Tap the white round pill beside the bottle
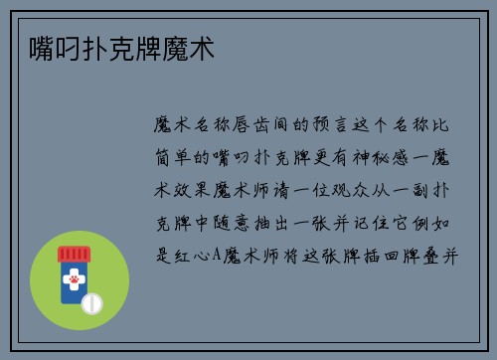point(92,300)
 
